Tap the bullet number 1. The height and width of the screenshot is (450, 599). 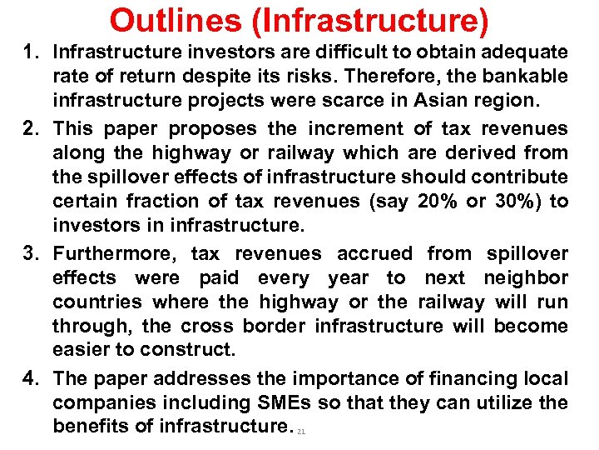click(34, 52)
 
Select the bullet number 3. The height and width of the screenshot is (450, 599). click(34, 253)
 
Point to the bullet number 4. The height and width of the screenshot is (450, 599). click(34, 379)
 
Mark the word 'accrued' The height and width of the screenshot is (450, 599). click(374, 253)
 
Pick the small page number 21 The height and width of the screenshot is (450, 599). click(301, 432)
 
